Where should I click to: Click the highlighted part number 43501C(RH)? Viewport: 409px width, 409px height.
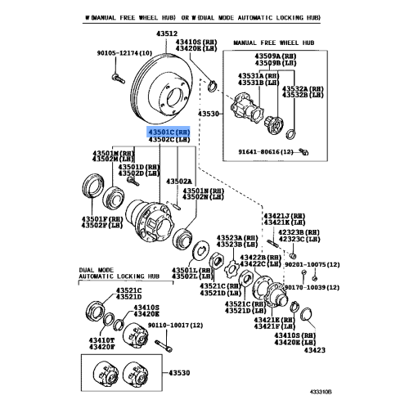tap(169, 131)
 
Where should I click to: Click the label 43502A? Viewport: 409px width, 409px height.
tap(178, 181)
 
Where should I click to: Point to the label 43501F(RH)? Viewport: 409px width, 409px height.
tap(101, 218)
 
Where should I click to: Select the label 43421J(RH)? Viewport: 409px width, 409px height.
tap(282, 215)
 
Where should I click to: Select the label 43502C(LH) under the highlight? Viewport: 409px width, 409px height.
tap(169, 140)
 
